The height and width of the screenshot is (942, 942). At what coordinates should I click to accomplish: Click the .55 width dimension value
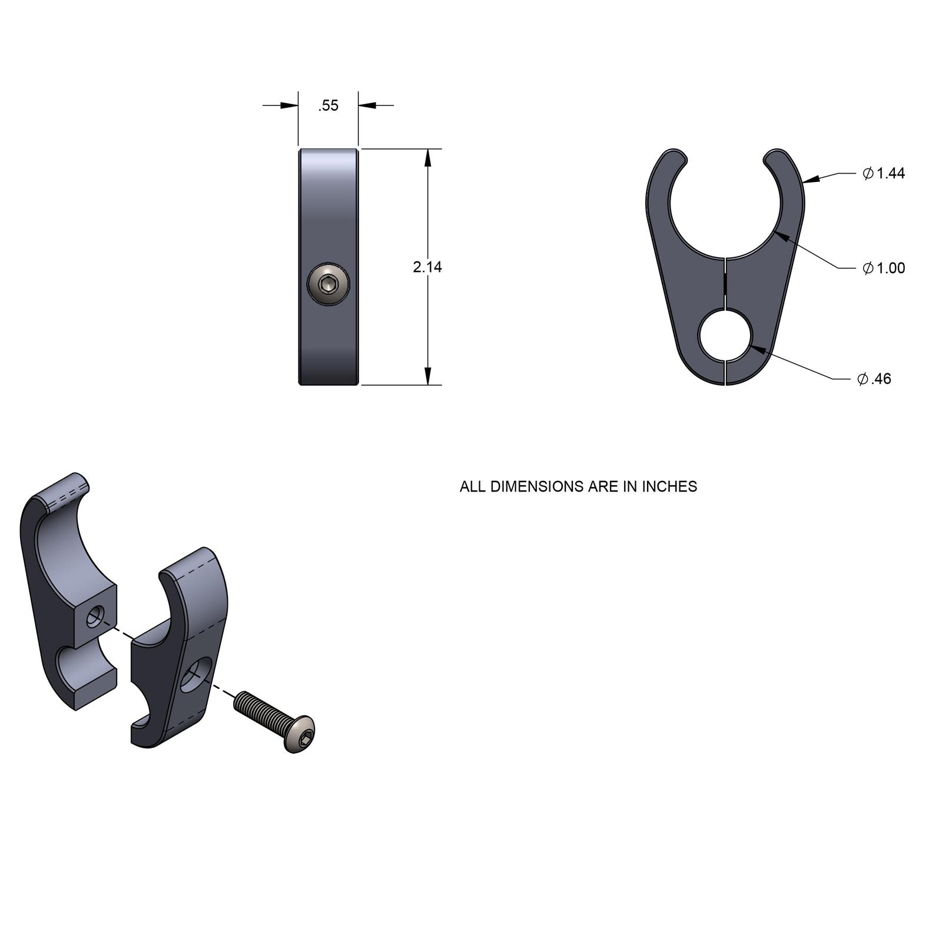(x=329, y=106)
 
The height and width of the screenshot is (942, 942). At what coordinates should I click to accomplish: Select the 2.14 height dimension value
(x=427, y=267)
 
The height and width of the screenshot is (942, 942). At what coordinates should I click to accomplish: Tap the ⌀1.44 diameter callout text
(x=884, y=173)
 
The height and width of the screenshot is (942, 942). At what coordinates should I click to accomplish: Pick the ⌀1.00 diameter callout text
(x=884, y=268)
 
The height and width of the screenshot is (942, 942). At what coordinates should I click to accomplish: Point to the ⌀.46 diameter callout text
(x=875, y=379)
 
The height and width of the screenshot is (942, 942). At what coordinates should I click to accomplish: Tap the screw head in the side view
(x=328, y=285)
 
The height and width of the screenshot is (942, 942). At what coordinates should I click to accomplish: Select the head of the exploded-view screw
(x=300, y=734)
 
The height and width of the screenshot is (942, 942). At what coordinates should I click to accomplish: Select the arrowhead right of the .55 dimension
(x=367, y=106)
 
